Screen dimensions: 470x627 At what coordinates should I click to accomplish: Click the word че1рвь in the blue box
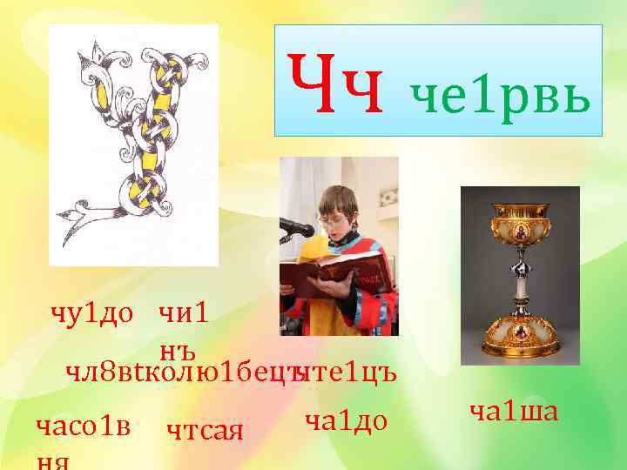[x=502, y=93]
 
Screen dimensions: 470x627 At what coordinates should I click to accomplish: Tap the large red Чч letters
[x=336, y=84]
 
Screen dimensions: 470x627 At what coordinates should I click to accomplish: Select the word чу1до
[x=91, y=312]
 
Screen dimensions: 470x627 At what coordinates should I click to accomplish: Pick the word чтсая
[x=204, y=428]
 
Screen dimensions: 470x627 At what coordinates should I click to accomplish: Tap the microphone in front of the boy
[x=297, y=228]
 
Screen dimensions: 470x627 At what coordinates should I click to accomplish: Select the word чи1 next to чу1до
[x=183, y=312]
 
